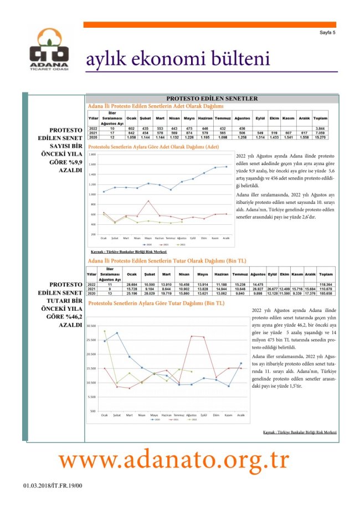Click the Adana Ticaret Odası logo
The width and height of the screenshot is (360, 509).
click(49, 49)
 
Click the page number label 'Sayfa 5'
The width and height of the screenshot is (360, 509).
click(327, 33)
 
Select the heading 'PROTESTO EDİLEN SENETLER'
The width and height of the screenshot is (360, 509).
click(212, 99)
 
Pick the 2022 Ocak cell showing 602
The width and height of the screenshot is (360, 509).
click(131, 128)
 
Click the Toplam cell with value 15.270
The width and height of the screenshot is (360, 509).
click(320, 137)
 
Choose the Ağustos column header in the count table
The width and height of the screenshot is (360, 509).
click(242, 119)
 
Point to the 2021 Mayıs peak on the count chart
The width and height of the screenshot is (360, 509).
click(148, 200)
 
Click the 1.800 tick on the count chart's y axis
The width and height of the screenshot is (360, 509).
click(92, 155)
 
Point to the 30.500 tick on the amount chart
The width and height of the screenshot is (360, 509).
click(91, 326)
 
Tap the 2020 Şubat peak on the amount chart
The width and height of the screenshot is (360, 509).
click(117, 333)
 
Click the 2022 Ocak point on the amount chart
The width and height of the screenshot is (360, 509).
click(104, 331)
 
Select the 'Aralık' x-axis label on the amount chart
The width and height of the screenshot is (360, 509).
click(241, 415)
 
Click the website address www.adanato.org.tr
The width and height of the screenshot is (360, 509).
click(174, 460)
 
